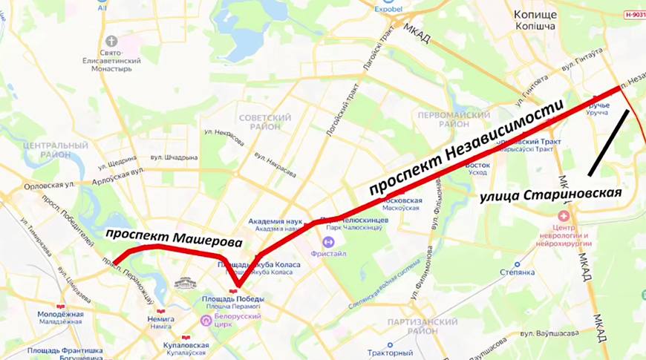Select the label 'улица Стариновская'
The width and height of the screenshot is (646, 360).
point(550,194)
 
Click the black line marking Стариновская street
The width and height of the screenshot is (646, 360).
point(609,143)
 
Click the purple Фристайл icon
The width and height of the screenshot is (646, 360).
point(328,241)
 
